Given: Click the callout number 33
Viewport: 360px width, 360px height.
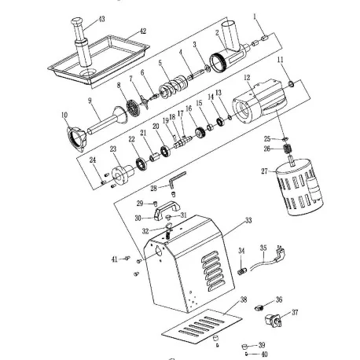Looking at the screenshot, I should click(x=248, y=222).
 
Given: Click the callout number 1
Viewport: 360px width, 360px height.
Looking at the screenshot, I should click(x=255, y=16).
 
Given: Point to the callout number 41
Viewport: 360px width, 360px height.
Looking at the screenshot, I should click(x=114, y=258).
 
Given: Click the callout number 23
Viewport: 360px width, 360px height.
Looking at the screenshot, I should click(x=113, y=147).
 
